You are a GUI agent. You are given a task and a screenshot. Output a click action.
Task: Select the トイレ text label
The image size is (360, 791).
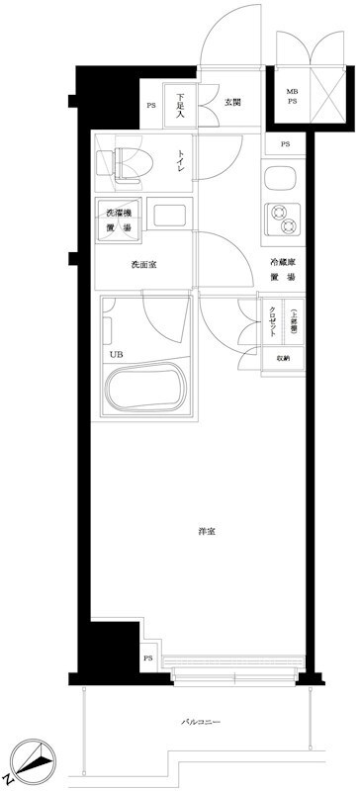pos(181,161)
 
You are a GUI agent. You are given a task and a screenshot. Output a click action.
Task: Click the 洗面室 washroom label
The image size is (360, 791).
pos(144,265)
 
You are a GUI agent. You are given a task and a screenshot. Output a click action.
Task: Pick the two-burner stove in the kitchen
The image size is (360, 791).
pos(280,218)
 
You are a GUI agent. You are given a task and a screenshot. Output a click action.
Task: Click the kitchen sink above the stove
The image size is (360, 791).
pos(278,180)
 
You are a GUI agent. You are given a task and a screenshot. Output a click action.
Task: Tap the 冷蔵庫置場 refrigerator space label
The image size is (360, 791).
pos(284,270)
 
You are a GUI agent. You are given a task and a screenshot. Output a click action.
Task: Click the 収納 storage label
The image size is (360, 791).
pos(283,359)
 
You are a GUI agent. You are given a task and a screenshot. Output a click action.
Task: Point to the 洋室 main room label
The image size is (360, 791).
pos(207,532)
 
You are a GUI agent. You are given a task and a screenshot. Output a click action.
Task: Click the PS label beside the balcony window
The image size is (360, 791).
pos(148,658)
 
